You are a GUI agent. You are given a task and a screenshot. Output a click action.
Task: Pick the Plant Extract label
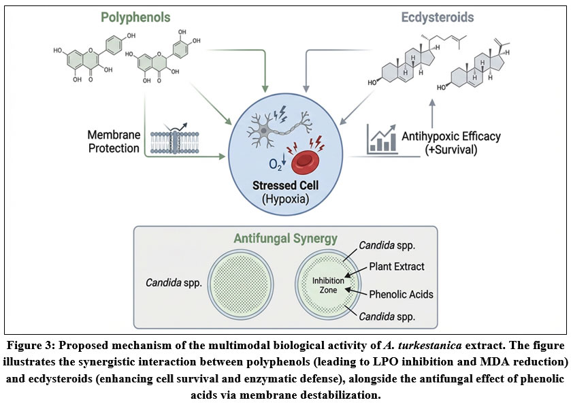[398, 266]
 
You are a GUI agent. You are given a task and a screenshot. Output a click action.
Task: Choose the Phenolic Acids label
[402, 295]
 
